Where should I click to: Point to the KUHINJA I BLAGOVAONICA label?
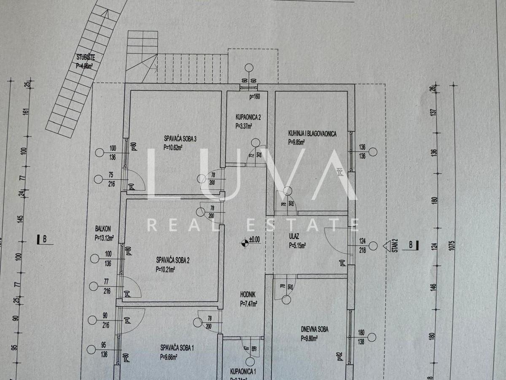click(312, 134)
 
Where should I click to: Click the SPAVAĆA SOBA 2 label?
click(172, 260)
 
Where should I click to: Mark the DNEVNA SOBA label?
click(315, 329)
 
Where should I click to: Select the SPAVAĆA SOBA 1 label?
click(177, 348)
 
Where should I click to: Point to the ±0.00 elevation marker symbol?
click(244, 242)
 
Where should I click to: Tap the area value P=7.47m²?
click(249, 303)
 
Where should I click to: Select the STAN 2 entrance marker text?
click(396, 245)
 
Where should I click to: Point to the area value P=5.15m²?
click(298, 245)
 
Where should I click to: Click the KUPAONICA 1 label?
click(243, 372)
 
